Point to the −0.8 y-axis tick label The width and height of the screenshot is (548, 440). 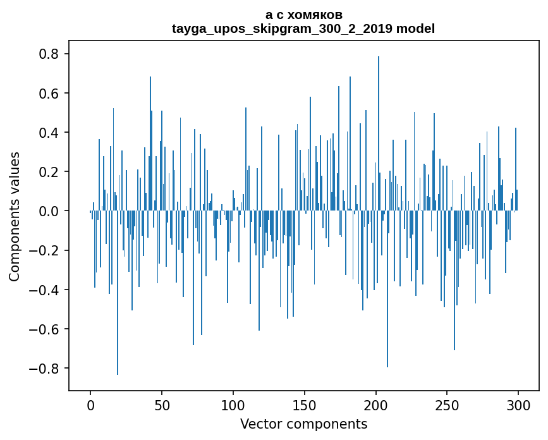pyautogui.click(x=46, y=369)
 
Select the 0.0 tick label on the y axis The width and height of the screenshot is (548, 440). pyautogui.click(x=50, y=211)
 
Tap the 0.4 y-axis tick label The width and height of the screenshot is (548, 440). pyautogui.click(x=50, y=133)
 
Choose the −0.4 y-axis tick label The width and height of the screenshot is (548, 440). pyautogui.click(x=46, y=290)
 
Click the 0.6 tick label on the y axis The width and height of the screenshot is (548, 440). pyautogui.click(x=50, y=94)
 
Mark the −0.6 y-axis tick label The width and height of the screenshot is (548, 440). pyautogui.click(x=46, y=329)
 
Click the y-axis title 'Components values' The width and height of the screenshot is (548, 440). pyautogui.click(x=15, y=216)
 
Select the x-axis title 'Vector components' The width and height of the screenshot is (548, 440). pyautogui.click(x=303, y=424)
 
